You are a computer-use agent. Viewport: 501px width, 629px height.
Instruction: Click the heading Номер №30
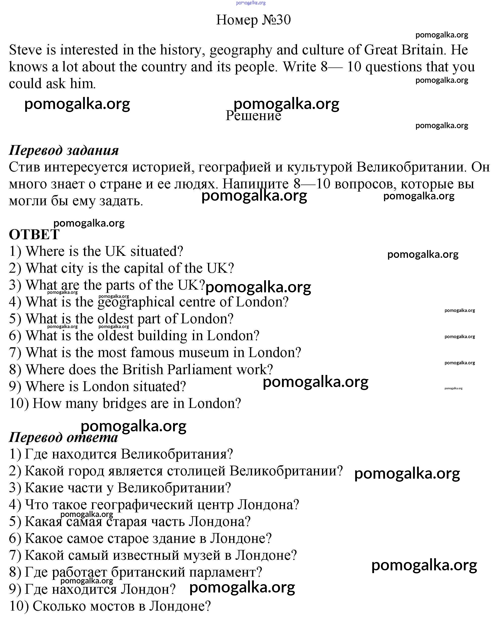click(x=253, y=20)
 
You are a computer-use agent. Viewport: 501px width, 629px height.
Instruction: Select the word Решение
click(x=253, y=116)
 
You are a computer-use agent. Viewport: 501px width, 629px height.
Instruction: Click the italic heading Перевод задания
click(x=64, y=151)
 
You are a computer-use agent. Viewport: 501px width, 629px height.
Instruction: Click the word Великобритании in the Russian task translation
click(x=409, y=167)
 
